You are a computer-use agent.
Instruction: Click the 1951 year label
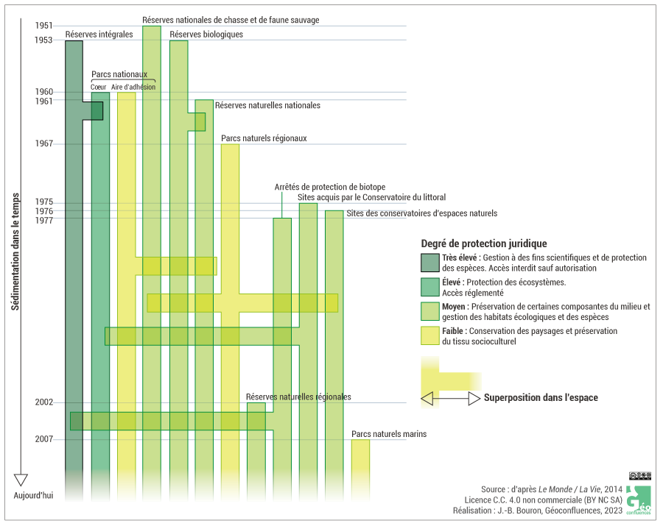[43, 26]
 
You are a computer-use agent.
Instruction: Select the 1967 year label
[43, 143]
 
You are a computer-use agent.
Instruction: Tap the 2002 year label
[43, 402]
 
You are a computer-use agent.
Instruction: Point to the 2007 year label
[43, 439]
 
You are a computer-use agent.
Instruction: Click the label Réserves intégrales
[99, 34]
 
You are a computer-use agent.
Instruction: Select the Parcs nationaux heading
[119, 74]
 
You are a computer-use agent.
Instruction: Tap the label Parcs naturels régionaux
[264, 138]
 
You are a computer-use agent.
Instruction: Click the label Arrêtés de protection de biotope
[329, 187]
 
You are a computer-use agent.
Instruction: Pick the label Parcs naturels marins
[389, 434]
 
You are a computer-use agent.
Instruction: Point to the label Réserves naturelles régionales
[298, 397]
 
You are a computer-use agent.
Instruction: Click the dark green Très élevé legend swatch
[429, 263]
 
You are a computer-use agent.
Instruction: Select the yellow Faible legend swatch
[429, 336]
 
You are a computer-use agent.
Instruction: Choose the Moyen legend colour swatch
[429, 311]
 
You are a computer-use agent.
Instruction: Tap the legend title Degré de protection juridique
[483, 244]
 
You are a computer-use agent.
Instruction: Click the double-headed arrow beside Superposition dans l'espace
[449, 398]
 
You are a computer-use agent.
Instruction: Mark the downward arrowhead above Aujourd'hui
[21, 480]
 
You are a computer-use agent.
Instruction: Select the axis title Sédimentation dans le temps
[15, 252]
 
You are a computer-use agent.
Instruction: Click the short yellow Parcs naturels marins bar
[360, 463]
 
